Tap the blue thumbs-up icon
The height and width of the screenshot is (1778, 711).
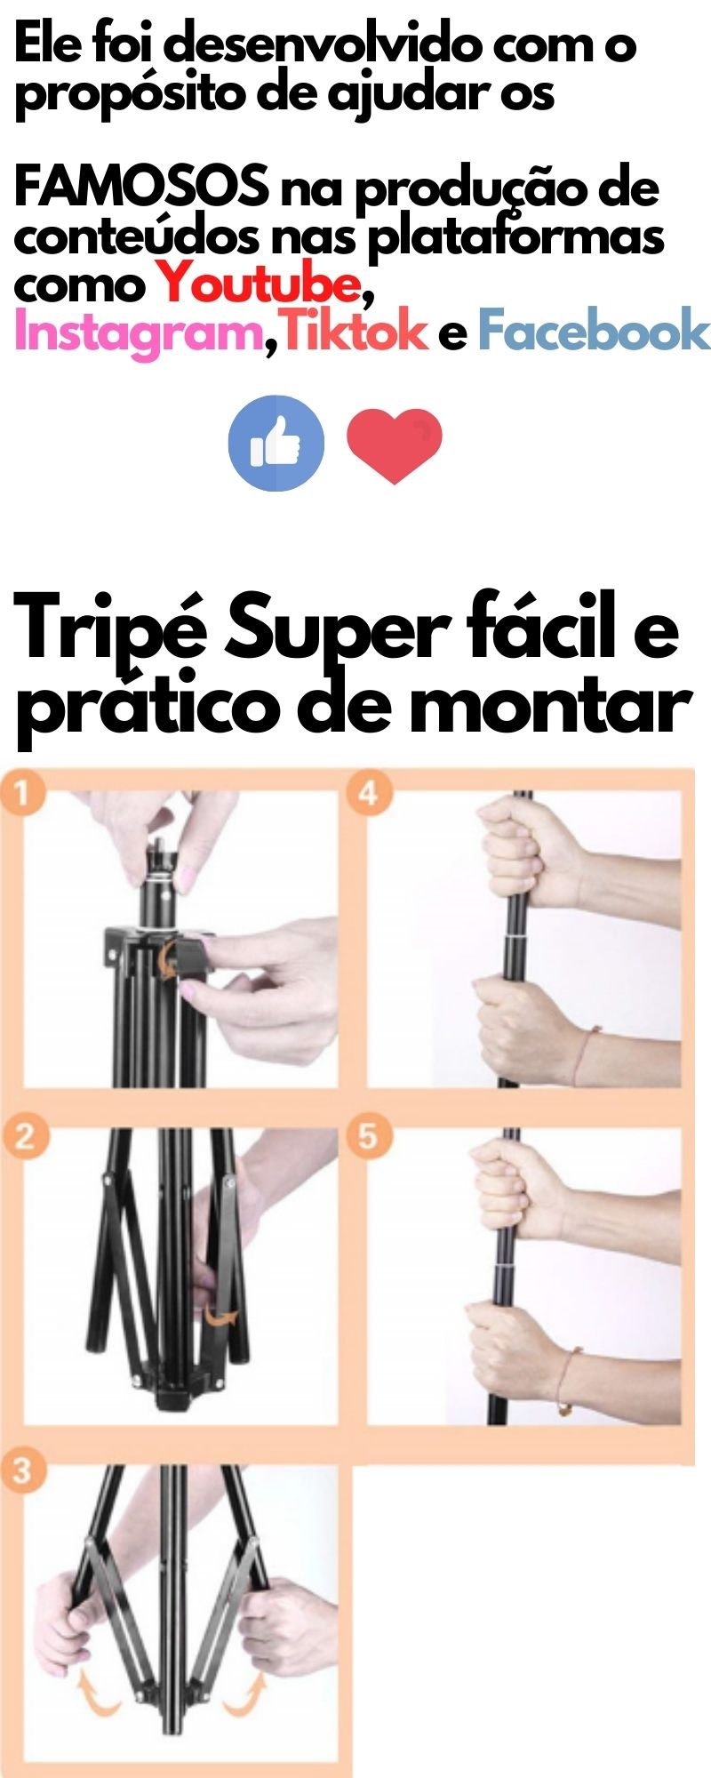(276, 443)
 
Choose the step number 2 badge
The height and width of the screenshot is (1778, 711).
(21, 1137)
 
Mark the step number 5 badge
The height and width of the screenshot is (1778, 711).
(368, 1137)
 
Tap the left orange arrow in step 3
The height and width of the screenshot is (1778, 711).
(97, 1698)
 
